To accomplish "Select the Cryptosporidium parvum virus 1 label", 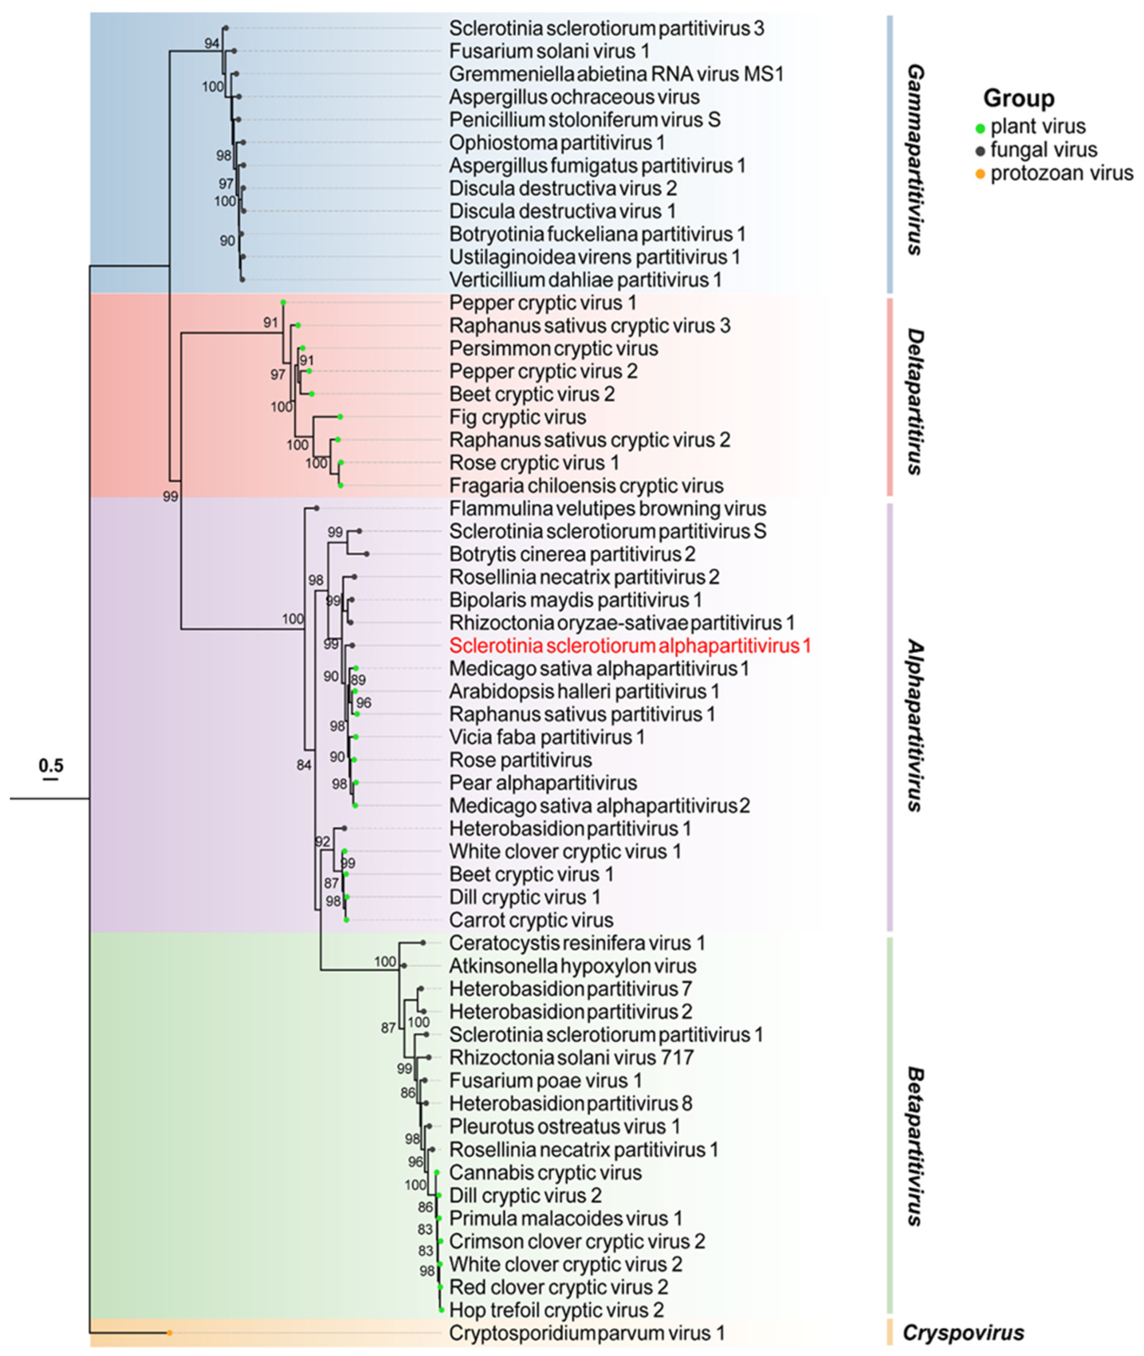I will (586, 1333).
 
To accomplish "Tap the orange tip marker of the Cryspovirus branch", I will (169, 1333).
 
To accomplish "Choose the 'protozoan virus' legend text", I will (1062, 173).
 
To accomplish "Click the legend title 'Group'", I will (1018, 99).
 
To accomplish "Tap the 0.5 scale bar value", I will (51, 766).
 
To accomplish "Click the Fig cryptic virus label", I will (518, 417).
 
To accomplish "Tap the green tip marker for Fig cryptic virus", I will (340, 416).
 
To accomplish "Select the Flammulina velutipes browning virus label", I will (607, 508).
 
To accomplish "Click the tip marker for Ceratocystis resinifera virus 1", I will (423, 942).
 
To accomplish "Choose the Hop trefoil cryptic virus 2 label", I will (556, 1310).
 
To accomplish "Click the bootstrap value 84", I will (303, 765).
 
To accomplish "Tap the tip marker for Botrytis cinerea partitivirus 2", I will (366, 554).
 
